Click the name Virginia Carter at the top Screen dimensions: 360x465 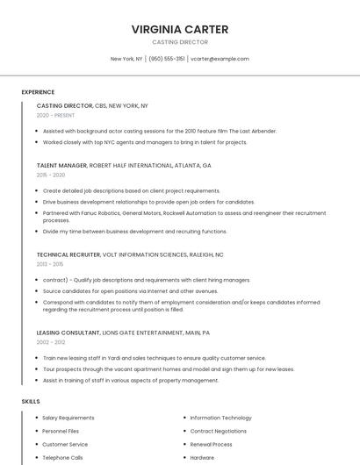tap(180, 29)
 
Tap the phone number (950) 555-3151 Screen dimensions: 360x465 tap(167, 59)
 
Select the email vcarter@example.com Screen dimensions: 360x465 tap(220, 59)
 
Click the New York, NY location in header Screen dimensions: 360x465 tap(126, 59)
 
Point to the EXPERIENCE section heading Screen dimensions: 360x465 tap(38, 92)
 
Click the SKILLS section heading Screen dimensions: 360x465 tap(31, 401)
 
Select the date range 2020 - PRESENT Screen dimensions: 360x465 tap(55, 115)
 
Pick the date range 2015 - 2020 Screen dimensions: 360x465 tap(51, 175)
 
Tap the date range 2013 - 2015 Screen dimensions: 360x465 tap(50, 263)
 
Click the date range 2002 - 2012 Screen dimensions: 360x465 tap(51, 342)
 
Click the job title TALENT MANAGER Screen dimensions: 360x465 tap(61, 165)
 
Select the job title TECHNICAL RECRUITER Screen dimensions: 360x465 tap(68, 254)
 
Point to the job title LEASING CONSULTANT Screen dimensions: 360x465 tap(68, 333)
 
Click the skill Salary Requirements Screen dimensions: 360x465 tap(68, 418)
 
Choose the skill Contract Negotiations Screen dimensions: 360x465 tap(218, 431)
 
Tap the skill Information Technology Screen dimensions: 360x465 tap(220, 418)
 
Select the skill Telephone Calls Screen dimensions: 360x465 tap(62, 457)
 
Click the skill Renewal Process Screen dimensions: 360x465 tap(211, 444)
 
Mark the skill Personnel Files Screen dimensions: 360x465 tap(61, 431)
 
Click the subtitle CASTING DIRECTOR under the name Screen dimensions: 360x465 tap(180, 42)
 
